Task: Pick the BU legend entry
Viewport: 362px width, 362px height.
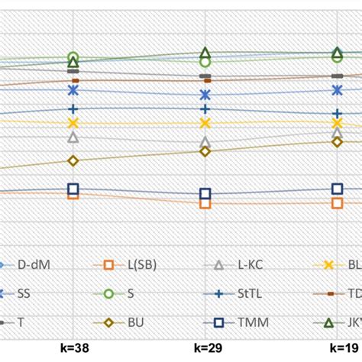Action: point(126,322)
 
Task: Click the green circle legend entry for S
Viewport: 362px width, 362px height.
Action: point(126,293)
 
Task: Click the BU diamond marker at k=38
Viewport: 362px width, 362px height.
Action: point(73,160)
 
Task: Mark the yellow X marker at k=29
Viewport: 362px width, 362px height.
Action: point(205,123)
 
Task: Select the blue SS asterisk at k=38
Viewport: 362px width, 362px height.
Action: point(73,90)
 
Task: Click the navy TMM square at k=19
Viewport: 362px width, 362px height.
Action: point(337,189)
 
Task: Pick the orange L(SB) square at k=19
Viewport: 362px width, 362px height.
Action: point(337,202)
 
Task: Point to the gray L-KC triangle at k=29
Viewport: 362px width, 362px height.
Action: point(205,143)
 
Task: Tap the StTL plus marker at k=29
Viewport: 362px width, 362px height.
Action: point(205,109)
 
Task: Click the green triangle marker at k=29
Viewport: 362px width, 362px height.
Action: point(205,53)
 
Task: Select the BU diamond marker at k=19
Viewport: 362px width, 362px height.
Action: point(337,142)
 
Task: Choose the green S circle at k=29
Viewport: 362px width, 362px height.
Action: point(205,62)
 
